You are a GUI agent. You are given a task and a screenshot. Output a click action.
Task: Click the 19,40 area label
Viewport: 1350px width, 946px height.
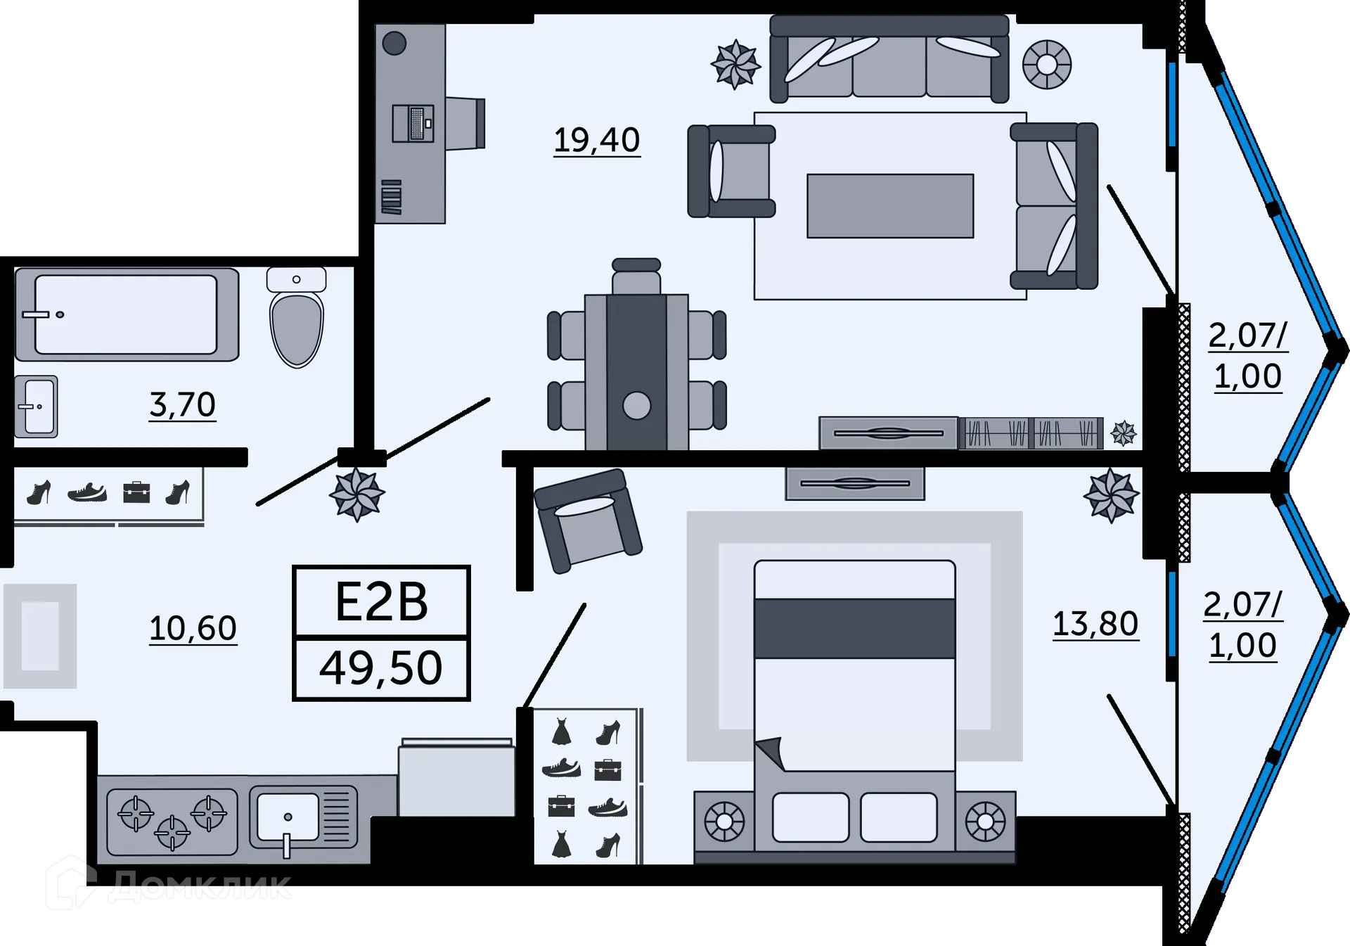[597, 140]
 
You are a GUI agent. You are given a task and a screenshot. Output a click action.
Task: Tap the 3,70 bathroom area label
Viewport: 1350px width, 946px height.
[183, 404]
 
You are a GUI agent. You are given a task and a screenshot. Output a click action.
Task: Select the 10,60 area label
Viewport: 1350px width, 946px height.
[193, 628]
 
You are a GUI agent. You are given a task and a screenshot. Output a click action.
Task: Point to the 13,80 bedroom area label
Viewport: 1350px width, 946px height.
[1095, 624]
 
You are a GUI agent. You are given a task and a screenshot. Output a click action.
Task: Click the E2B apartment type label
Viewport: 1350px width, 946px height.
[381, 602]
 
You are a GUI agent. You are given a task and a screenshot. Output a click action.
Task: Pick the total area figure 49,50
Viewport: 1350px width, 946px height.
[381, 668]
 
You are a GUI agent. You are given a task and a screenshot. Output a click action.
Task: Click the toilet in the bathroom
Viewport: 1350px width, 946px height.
[297, 317]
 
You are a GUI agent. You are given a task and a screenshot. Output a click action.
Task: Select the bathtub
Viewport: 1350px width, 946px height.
[127, 314]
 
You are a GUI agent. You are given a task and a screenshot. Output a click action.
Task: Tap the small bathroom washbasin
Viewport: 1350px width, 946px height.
[37, 407]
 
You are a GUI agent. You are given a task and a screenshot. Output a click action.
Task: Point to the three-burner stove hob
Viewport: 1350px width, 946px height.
[172, 822]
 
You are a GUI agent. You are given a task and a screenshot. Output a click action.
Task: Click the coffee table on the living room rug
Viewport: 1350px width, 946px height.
[890, 206]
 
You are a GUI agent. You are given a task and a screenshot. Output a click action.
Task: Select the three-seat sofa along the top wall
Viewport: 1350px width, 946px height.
[889, 59]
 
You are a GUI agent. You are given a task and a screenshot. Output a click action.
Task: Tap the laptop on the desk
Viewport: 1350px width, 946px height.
[413, 123]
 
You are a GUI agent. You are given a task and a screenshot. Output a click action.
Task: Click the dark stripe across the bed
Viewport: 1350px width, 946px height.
[854, 629]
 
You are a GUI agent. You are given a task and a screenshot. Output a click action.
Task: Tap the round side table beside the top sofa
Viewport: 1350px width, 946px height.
[1047, 65]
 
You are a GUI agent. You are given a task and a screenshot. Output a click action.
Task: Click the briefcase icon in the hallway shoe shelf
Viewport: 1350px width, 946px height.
[136, 492]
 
